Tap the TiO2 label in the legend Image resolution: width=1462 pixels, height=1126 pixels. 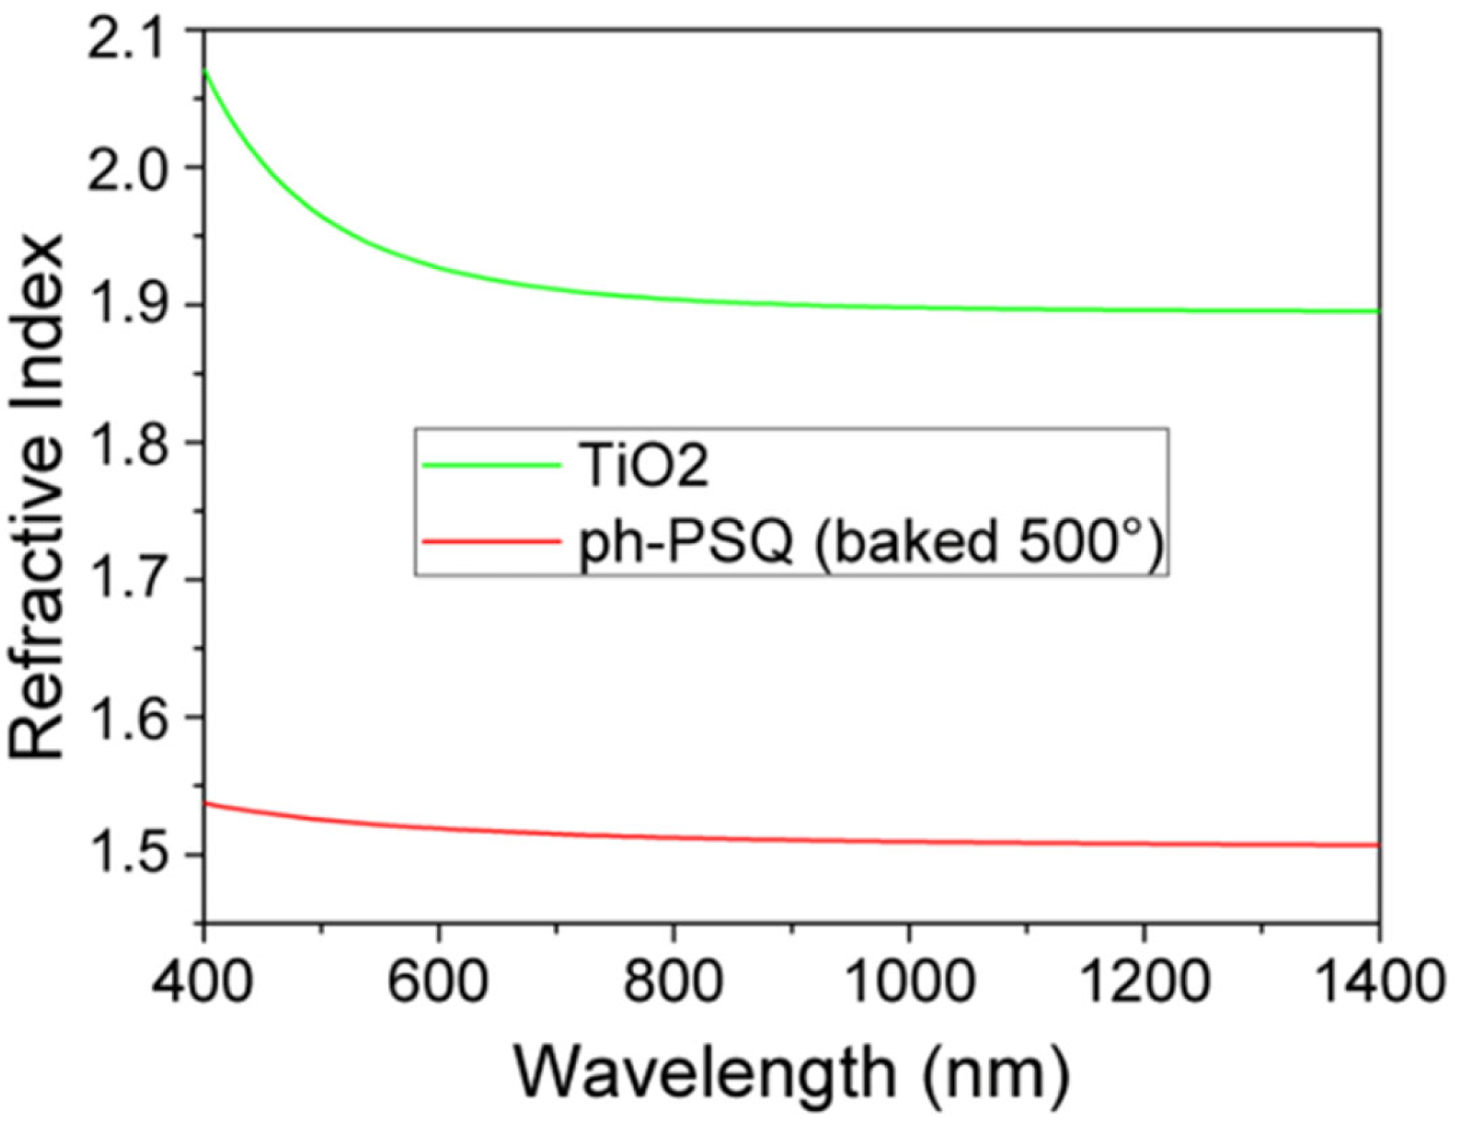(645, 466)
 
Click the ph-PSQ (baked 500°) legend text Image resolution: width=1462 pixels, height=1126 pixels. (870, 541)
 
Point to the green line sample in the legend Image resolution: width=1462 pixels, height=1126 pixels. (491, 465)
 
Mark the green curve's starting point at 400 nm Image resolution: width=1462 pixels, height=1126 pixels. (206, 70)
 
